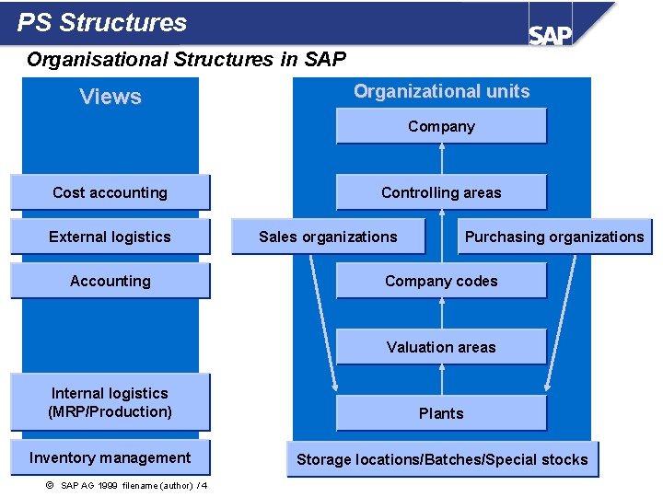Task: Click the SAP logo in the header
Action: tap(550, 34)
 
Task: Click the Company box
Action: tap(441, 126)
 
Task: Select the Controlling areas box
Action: tap(441, 192)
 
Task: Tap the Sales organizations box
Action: tap(328, 237)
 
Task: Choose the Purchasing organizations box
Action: tap(554, 237)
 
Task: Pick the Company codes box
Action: tap(441, 281)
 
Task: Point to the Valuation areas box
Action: tap(441, 347)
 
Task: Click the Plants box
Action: tap(441, 413)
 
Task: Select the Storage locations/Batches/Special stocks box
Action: tap(442, 459)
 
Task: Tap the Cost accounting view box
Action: tap(110, 192)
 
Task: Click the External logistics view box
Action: tap(110, 237)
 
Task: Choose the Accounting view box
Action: tap(110, 281)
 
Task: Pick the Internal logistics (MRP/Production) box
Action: tap(110, 402)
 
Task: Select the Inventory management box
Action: tap(110, 457)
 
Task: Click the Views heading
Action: tap(110, 97)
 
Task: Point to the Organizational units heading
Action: tap(442, 91)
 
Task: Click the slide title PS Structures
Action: tap(102, 23)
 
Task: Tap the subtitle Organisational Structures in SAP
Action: tap(186, 60)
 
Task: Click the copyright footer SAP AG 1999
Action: tap(126, 485)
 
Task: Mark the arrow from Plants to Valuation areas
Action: tap(442, 380)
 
